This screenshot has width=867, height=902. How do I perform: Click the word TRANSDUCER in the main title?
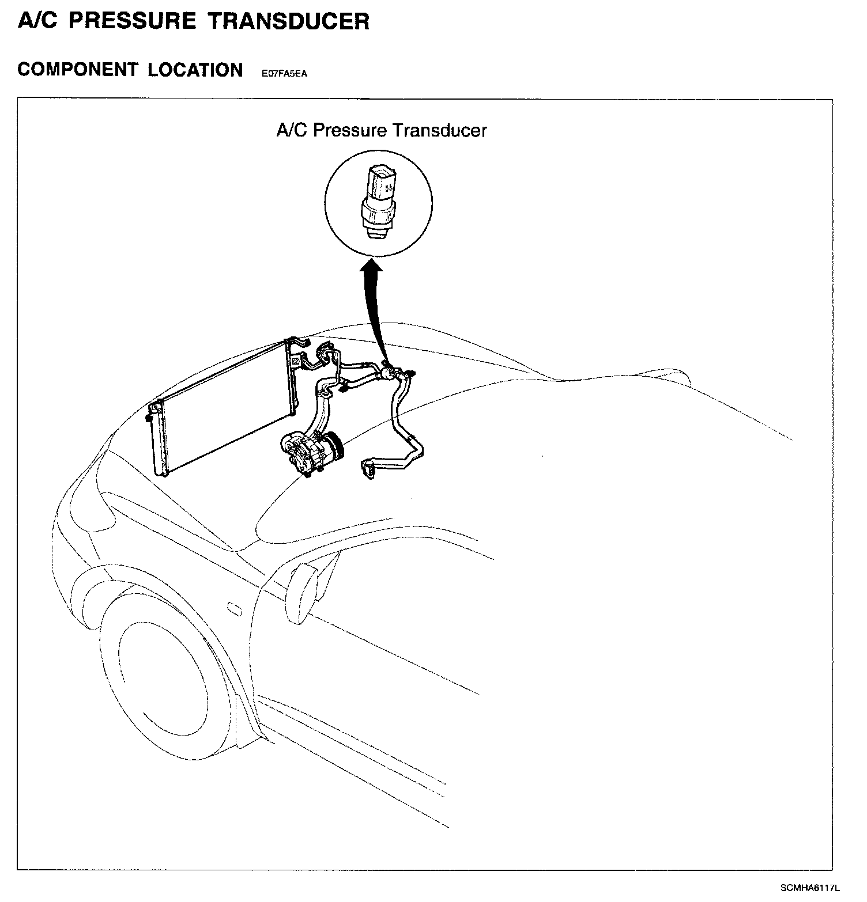point(288,21)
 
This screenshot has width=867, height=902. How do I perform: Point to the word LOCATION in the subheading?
point(195,70)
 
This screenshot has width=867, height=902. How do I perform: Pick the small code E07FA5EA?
point(284,73)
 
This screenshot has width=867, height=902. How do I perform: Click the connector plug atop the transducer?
point(381,181)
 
